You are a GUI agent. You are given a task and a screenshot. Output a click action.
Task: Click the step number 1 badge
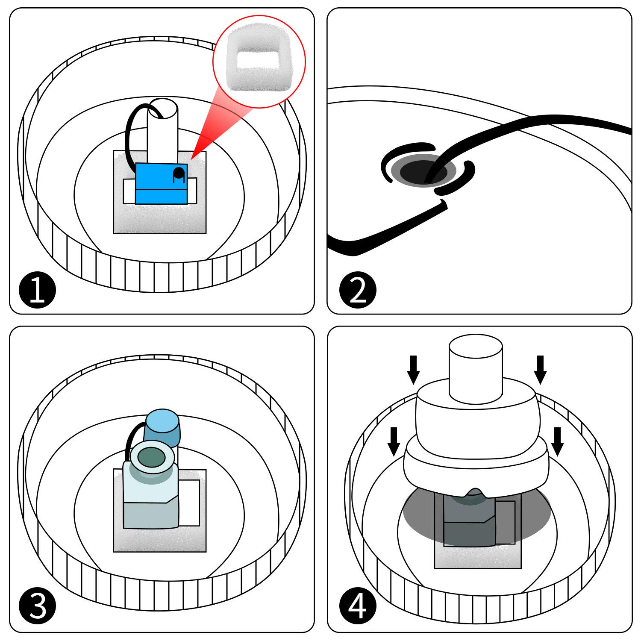point(38,291)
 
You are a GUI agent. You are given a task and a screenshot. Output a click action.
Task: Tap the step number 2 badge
point(358,291)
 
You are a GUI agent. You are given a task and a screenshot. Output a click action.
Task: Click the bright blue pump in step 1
point(162,183)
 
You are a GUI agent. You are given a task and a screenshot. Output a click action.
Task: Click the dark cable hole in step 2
point(423,171)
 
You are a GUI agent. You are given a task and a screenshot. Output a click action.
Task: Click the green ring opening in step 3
point(152,458)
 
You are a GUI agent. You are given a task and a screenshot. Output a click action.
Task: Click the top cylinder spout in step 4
point(475,368)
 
